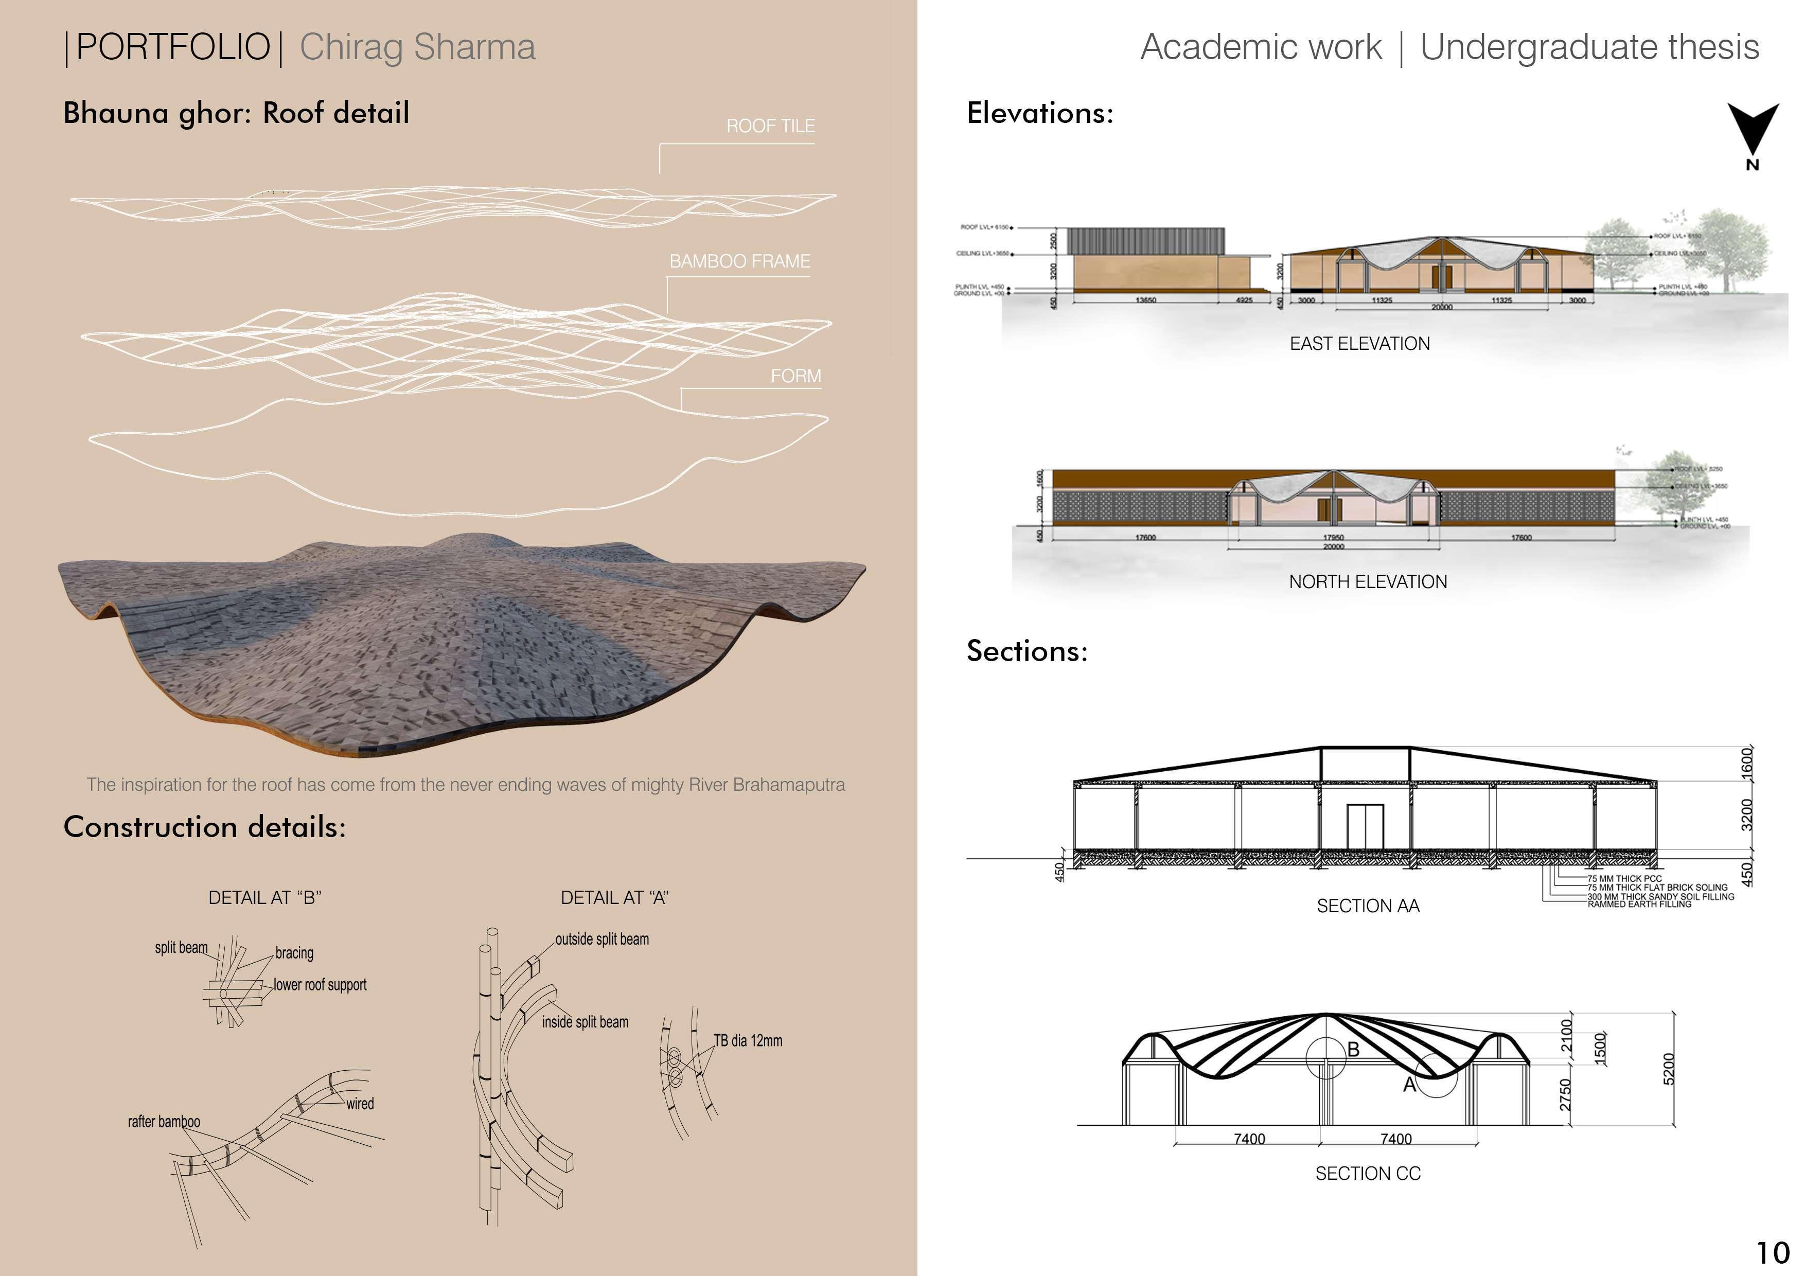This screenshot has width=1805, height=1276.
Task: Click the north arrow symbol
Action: (x=1753, y=132)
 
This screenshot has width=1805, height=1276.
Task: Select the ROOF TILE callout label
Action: (x=770, y=126)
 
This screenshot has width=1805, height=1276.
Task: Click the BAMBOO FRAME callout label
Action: (x=739, y=261)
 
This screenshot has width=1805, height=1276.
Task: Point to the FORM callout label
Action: (x=795, y=376)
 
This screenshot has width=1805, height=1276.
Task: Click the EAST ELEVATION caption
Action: (x=1359, y=344)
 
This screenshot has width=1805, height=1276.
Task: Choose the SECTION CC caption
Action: (x=1368, y=1174)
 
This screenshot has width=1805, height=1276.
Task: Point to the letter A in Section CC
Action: (x=1409, y=1086)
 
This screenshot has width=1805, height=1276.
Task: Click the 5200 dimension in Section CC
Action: (x=1670, y=1069)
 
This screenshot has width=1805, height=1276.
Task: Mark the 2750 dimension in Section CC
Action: (x=1565, y=1094)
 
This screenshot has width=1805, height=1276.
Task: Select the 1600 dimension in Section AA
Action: (x=1747, y=764)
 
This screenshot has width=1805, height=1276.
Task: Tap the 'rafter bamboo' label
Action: (x=164, y=1122)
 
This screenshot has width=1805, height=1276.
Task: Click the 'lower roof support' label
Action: (x=320, y=985)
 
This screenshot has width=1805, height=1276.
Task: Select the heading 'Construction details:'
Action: (x=204, y=827)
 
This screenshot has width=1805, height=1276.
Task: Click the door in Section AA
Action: (x=1366, y=826)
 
